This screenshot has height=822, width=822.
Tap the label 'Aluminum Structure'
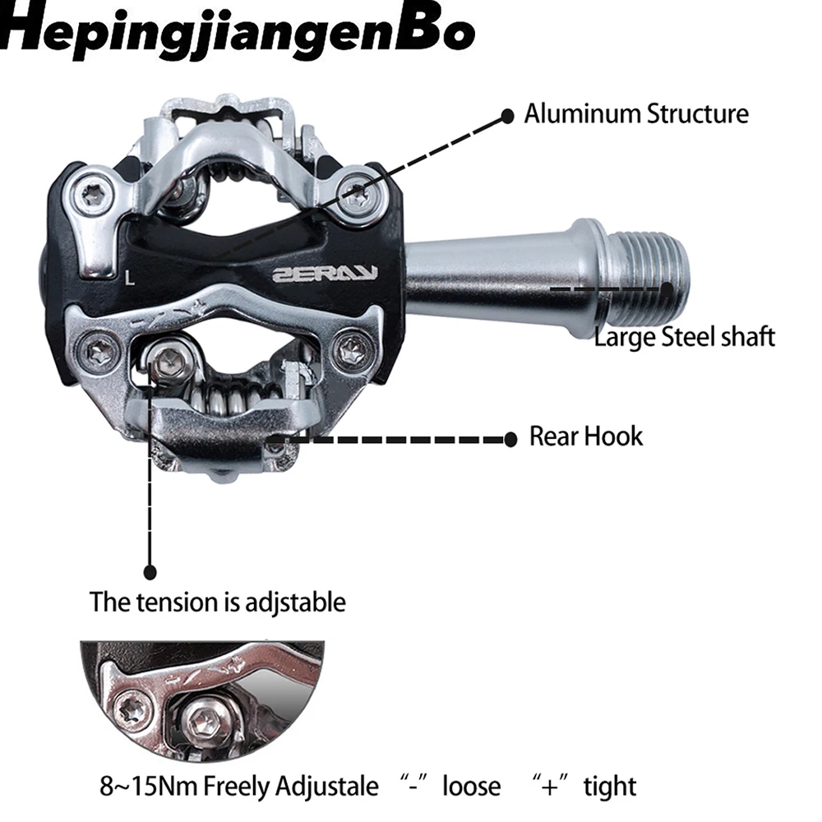tap(636, 113)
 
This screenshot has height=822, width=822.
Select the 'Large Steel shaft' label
tap(684, 336)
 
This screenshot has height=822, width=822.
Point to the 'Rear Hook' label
tap(585, 436)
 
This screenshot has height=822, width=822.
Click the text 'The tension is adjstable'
tap(218, 602)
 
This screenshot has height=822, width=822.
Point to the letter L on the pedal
tap(129, 277)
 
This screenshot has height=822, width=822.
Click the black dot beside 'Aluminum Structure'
tap(508, 114)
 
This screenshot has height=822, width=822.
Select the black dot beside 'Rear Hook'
tap(510, 439)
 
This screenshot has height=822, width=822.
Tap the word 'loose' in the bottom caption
tap(471, 786)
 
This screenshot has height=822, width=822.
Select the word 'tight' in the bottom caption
tap(610, 786)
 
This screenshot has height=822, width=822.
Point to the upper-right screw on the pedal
tap(355, 194)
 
